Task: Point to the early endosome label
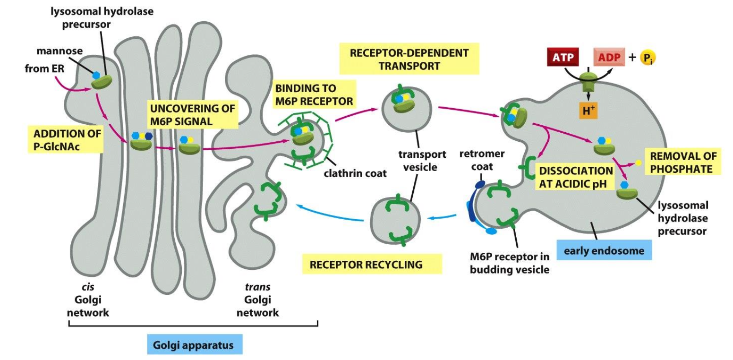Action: tap(605, 250)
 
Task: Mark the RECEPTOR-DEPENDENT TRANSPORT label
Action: tap(409, 59)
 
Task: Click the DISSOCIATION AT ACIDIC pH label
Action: tap(576, 177)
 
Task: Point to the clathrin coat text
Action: tap(355, 173)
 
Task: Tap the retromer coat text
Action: tap(482, 160)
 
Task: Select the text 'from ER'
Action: tap(43, 69)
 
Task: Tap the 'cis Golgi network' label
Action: tap(88, 300)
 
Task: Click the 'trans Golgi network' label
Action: tap(257, 300)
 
